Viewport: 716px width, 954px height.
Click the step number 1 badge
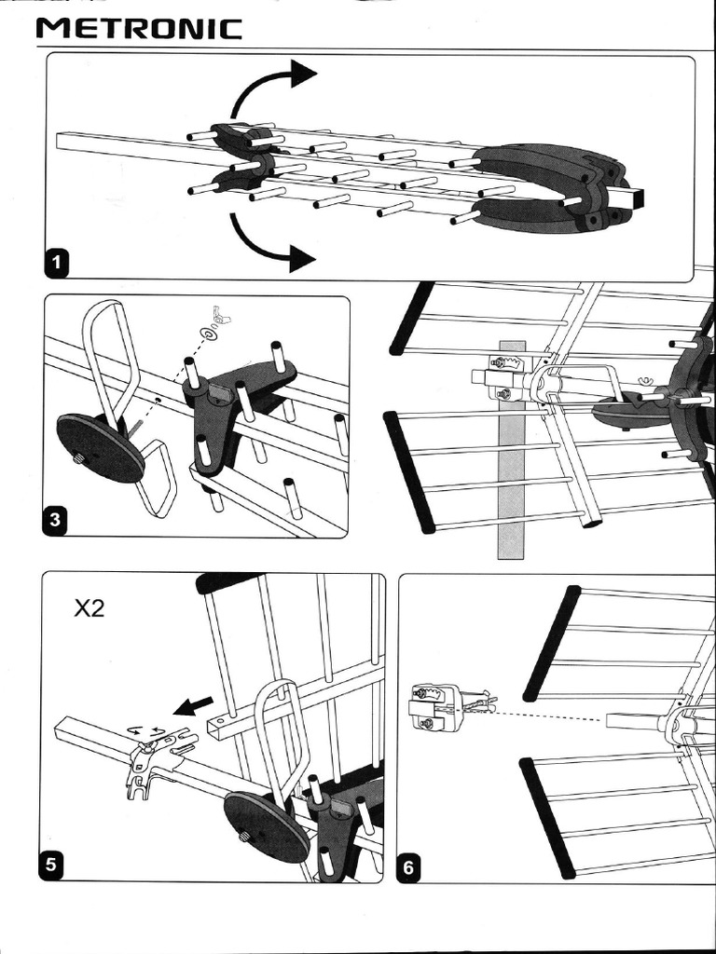pos(58,263)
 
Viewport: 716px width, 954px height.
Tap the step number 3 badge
pos(55,520)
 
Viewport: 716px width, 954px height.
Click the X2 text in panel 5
pos(90,610)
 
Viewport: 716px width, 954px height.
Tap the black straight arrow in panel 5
pos(195,705)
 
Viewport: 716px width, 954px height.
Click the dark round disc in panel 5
pos(266,826)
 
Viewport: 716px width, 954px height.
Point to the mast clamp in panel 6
pos(434,707)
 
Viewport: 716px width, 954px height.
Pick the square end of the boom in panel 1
pos(634,198)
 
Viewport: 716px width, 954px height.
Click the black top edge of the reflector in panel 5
pos(229,582)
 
